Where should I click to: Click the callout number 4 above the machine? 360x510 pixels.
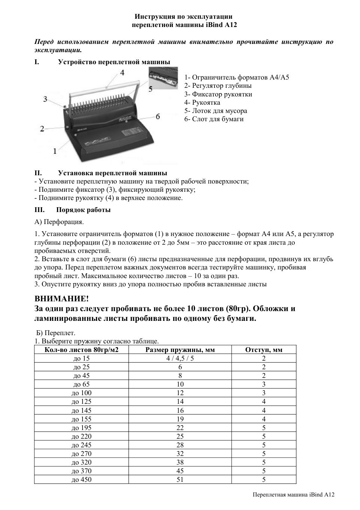click(x=122, y=72)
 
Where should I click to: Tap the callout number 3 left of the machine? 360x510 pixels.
click(x=45, y=99)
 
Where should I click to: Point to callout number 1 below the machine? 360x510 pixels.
click(x=55, y=151)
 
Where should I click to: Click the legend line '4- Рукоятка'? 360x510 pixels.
click(x=202, y=102)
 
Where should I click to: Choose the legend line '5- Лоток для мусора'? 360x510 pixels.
click(x=216, y=111)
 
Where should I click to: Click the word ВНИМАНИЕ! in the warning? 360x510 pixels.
click(x=62, y=299)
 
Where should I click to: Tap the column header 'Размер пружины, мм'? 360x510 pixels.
click(x=180, y=350)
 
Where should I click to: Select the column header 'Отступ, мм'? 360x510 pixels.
click(x=264, y=350)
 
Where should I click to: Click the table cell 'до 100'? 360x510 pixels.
click(x=81, y=393)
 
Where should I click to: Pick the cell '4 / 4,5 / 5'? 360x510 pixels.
click(x=180, y=358)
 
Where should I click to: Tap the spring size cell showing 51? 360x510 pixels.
click(x=180, y=480)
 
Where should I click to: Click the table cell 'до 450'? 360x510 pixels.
click(x=81, y=480)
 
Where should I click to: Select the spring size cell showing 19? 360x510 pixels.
click(x=180, y=419)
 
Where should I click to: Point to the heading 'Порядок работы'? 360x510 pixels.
click(x=83, y=210)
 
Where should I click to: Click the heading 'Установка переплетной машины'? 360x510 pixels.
click(x=112, y=173)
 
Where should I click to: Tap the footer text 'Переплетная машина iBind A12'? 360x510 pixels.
click(x=293, y=495)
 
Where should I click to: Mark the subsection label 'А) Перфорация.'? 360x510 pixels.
click(x=59, y=222)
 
